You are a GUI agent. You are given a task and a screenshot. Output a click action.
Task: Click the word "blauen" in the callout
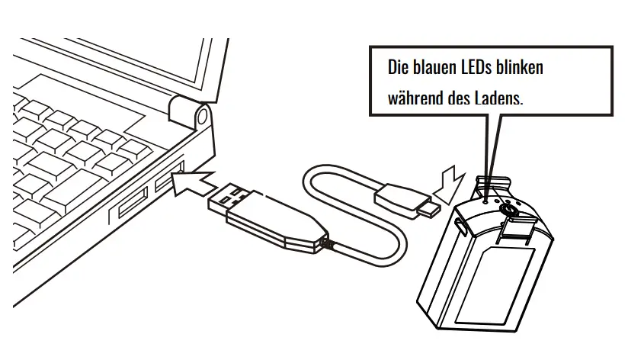click(x=430, y=68)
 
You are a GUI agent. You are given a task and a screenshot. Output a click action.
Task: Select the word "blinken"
click(x=520, y=68)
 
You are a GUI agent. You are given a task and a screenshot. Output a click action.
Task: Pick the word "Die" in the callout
click(x=397, y=68)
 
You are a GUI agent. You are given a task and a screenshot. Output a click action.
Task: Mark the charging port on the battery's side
click(x=460, y=225)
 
